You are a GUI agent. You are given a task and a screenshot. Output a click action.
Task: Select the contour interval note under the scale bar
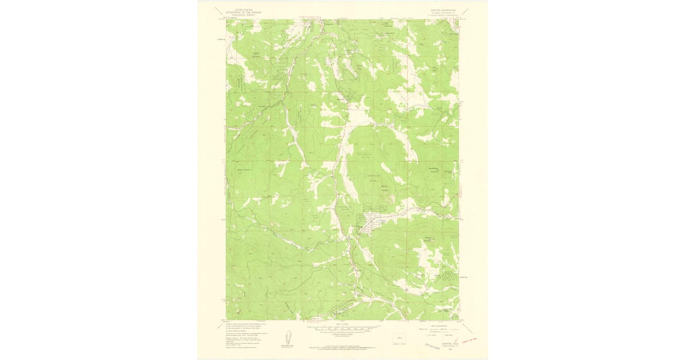(342, 335)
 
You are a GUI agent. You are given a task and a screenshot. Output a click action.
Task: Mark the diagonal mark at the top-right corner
(465, 11)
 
